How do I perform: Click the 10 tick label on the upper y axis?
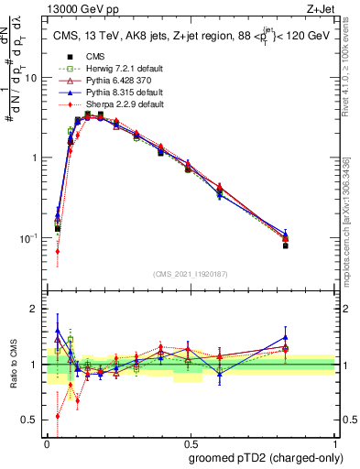click(x=31, y=78)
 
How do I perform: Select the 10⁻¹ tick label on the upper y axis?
click(x=29, y=238)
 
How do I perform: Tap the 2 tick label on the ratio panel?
click(x=35, y=309)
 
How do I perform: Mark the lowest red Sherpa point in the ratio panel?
click(x=58, y=416)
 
